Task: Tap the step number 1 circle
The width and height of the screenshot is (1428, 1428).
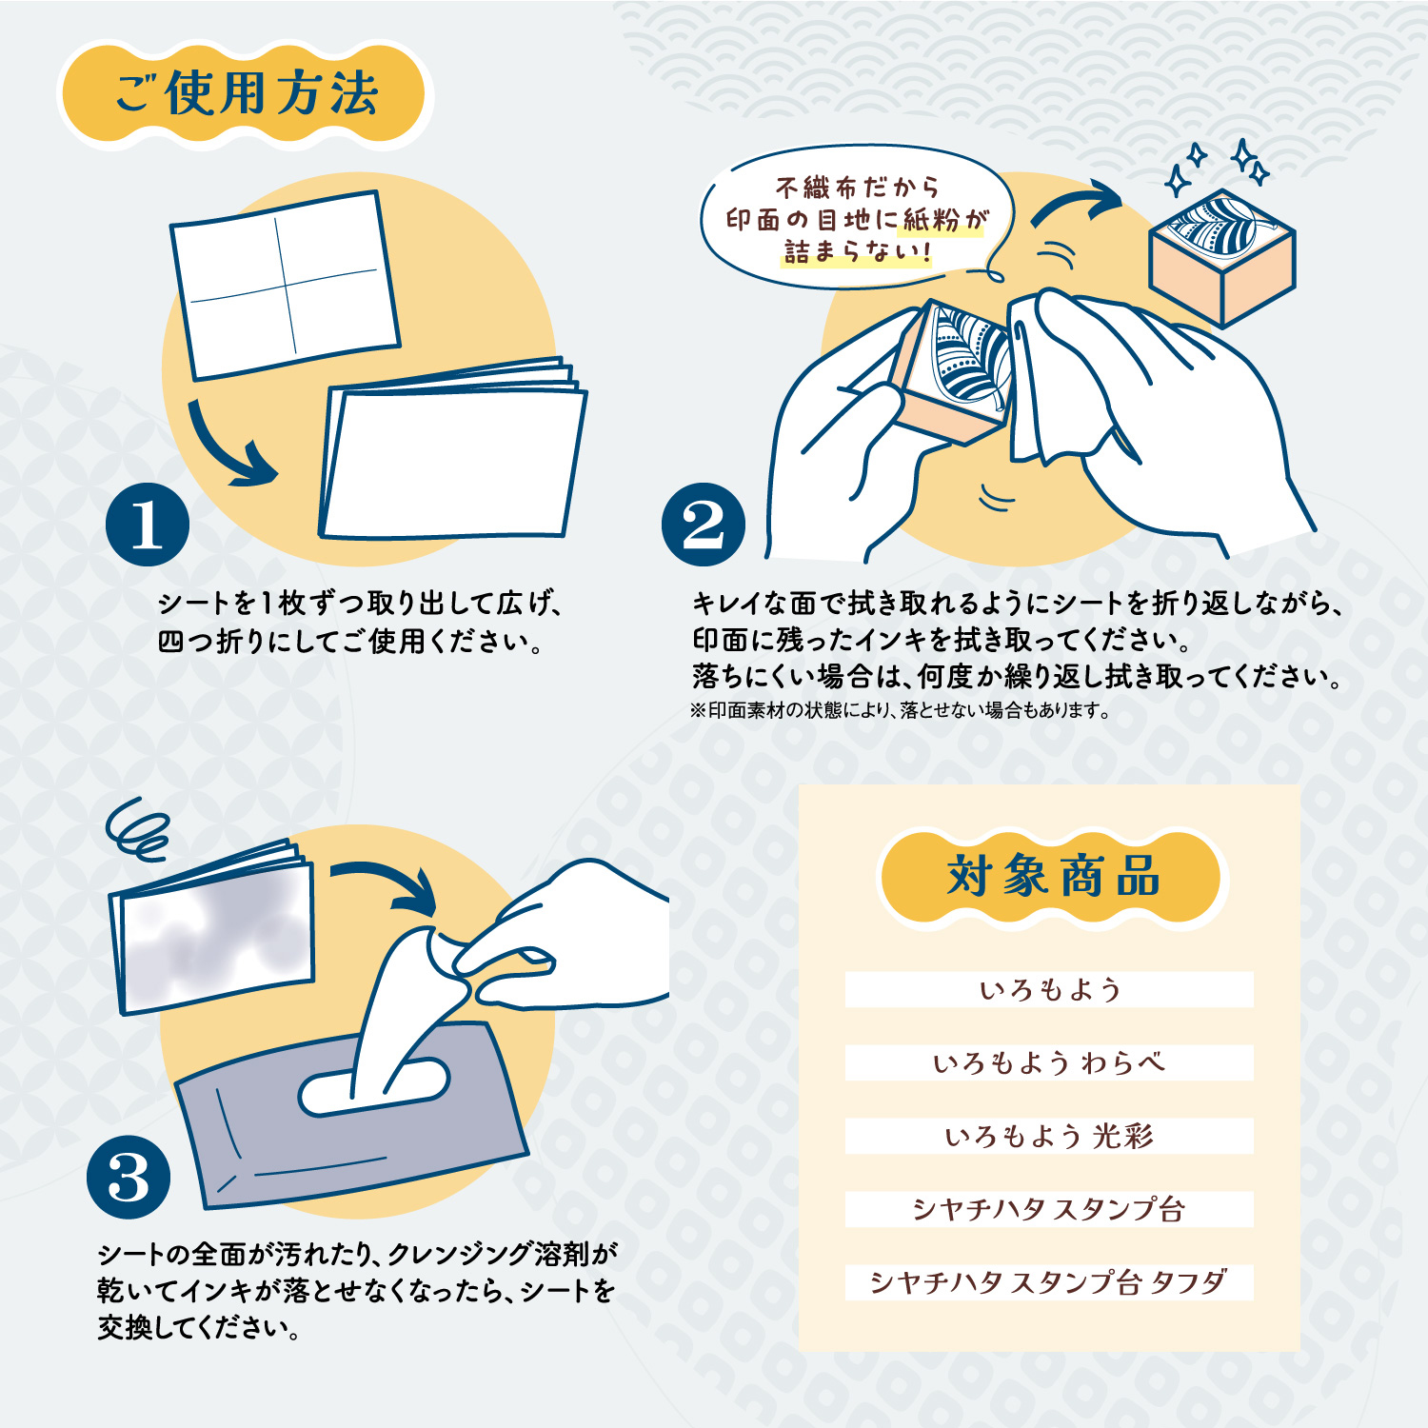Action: coord(148,525)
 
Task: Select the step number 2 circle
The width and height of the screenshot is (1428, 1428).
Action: coord(704,525)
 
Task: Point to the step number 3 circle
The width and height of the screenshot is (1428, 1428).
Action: coord(129,1177)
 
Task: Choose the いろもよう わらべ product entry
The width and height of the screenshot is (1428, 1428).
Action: coord(1049,1062)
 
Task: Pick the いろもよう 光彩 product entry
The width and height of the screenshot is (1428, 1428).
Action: coord(1049,1136)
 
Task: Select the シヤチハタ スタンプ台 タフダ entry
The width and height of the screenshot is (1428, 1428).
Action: coord(1049,1282)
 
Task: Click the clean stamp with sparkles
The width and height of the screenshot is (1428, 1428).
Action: coord(1222,257)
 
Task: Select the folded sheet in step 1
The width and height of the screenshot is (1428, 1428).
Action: coord(452,452)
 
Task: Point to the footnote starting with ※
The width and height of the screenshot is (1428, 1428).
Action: coord(900,710)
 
